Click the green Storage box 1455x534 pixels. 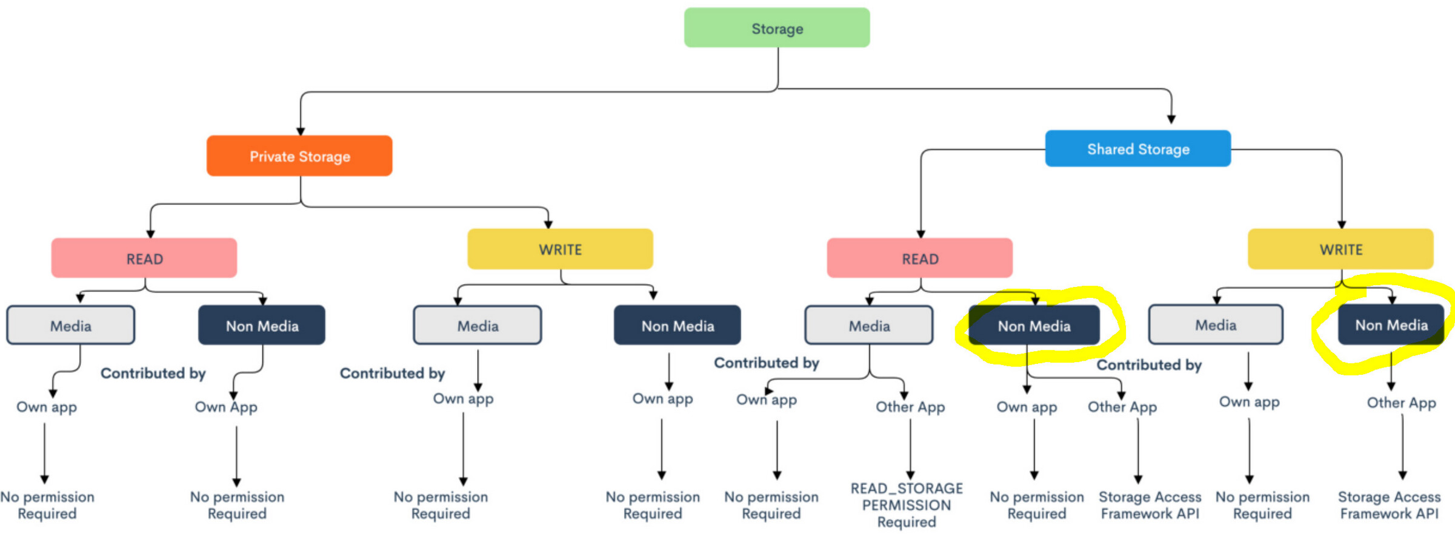tap(776, 28)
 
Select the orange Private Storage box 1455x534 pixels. tap(299, 156)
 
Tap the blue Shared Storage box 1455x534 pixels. tap(1137, 149)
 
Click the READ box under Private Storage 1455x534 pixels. tap(144, 259)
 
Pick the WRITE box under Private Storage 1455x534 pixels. tap(560, 249)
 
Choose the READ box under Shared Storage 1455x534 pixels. tap(919, 259)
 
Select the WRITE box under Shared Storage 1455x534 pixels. tap(1340, 249)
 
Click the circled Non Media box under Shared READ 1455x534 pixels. tap(1034, 326)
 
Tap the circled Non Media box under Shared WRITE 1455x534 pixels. tap(1391, 325)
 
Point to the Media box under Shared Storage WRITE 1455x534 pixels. tap(1215, 325)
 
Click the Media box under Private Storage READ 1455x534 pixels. tap(71, 326)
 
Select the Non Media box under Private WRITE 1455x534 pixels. tap(677, 326)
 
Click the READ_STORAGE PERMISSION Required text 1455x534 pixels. tap(907, 505)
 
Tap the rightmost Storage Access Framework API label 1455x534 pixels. tap(1388, 505)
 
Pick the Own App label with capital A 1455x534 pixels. tap(226, 407)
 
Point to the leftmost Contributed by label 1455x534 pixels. tap(153, 373)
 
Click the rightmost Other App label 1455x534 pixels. tap(1401, 403)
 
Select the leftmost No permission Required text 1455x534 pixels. tap(47, 505)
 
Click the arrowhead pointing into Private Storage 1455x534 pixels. tap(301, 131)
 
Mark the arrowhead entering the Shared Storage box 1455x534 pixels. tap(1171, 120)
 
